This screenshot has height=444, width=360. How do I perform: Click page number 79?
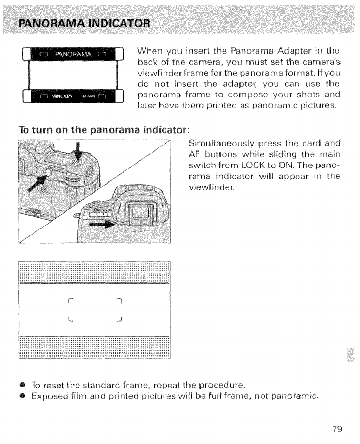[x=337, y=429]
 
